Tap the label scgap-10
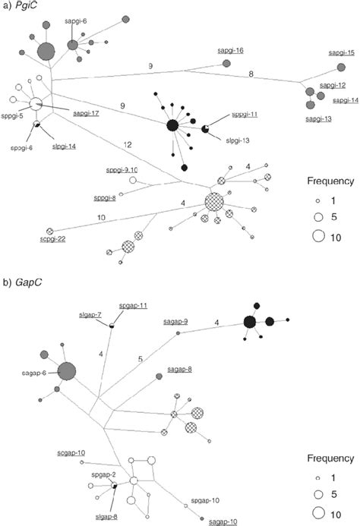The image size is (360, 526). (71, 452)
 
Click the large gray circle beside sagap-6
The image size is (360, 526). (65, 372)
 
